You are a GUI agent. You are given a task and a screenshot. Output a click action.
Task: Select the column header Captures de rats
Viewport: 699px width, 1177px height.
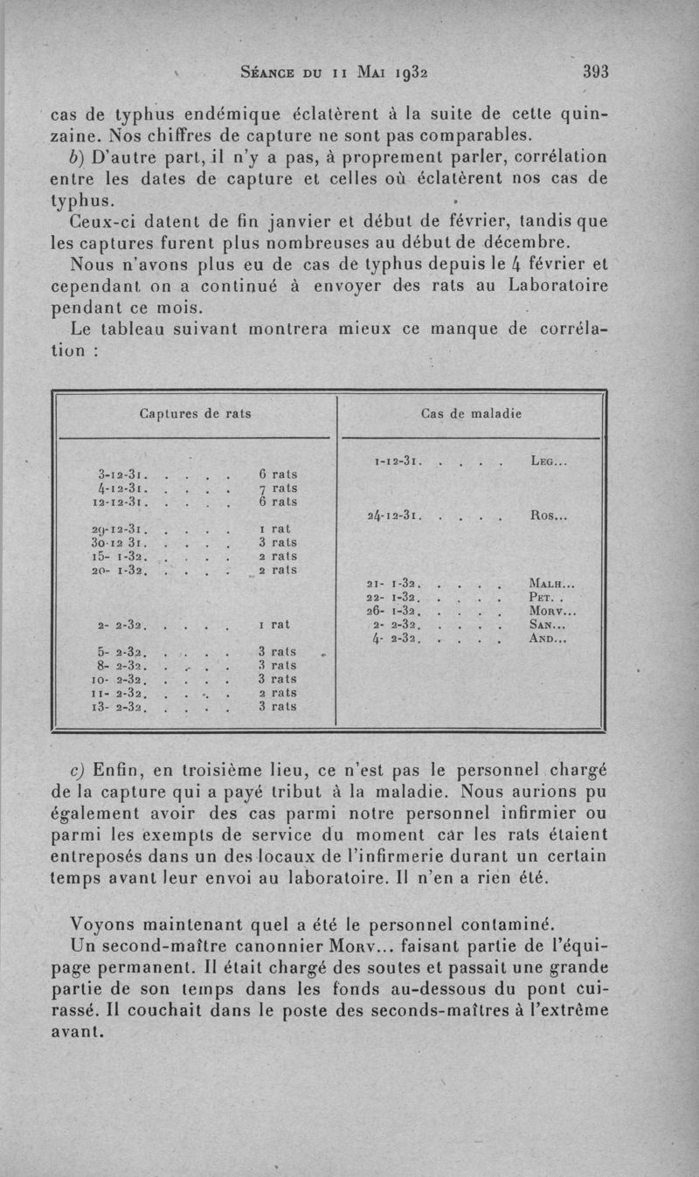(195, 413)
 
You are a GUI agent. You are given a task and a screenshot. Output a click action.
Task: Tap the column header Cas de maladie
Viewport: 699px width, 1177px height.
(471, 413)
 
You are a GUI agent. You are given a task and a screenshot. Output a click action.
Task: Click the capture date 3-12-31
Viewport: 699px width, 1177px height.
(121, 474)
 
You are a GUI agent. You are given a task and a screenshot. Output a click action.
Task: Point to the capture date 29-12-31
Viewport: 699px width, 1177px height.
(121, 530)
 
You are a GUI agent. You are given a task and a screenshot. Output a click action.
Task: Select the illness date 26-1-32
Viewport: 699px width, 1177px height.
(398, 612)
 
